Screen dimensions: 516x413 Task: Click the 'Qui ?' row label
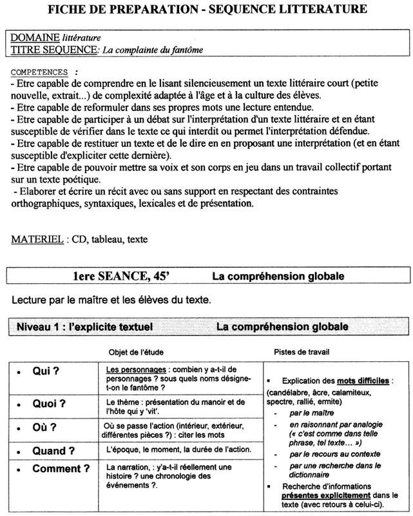tap(46, 373)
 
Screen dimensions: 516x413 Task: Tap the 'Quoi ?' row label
tap(50, 405)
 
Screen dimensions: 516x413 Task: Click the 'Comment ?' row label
tap(61, 468)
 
